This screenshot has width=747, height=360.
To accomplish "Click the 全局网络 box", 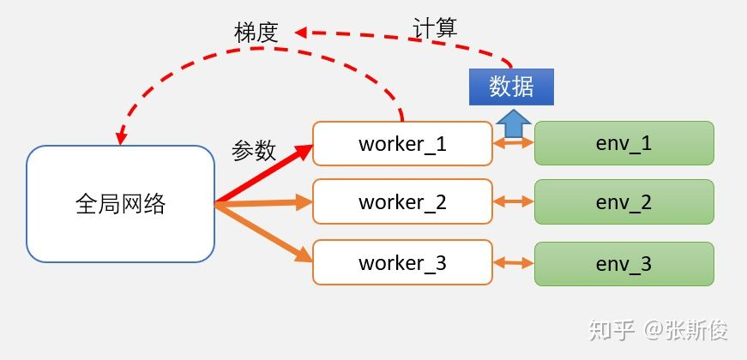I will point(120,204).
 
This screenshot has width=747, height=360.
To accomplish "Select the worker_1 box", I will point(402,143).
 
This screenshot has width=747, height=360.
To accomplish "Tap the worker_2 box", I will point(402,202).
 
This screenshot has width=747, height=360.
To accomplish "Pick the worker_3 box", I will point(402,262).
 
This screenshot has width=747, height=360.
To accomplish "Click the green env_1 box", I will point(624,143).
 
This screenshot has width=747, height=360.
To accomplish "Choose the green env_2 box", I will point(624,202).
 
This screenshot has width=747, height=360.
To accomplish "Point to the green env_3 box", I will point(624,262).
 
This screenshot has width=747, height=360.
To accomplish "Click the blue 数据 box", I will point(511,87).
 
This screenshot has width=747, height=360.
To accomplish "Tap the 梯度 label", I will point(256,33).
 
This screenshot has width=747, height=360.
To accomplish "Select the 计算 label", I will point(435,27).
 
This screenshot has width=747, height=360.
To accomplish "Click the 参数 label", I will point(254,151).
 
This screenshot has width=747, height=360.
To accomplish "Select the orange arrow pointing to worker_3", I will point(266,232).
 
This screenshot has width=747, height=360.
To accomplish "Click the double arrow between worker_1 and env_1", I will point(514,144).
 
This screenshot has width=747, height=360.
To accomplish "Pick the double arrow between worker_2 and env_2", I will point(514,202).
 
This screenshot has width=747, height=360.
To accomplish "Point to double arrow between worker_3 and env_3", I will point(514,262).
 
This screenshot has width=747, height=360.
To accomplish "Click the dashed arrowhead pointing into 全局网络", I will point(121,137).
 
